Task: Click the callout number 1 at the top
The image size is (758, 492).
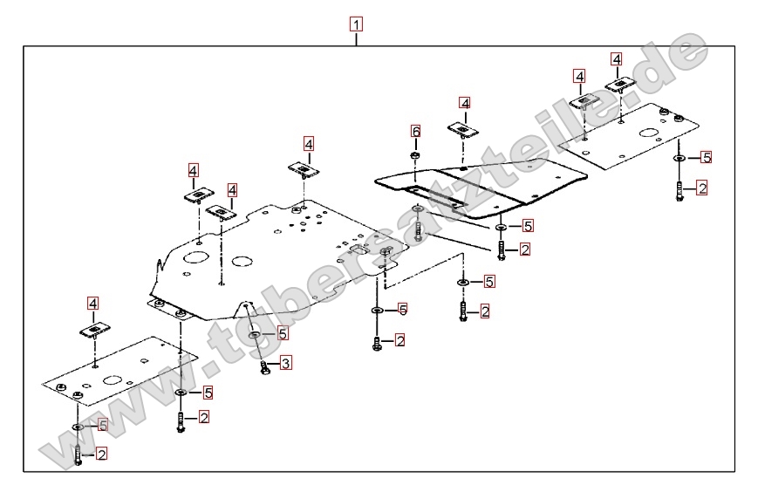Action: (356, 24)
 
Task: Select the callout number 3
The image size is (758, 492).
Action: (285, 362)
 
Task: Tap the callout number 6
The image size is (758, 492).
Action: (416, 131)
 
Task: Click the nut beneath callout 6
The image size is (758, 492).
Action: (416, 156)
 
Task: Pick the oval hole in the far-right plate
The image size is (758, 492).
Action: (648, 134)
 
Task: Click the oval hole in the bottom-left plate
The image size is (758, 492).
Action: (112, 380)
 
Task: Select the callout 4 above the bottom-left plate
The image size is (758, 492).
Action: (93, 303)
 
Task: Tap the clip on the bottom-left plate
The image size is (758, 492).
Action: (94, 330)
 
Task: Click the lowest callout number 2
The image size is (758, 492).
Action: (101, 454)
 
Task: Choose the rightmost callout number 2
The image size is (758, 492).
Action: (701, 188)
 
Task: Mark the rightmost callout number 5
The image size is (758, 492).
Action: (707, 158)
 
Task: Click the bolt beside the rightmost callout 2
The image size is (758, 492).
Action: (679, 191)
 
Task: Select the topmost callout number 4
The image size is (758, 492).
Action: (617, 59)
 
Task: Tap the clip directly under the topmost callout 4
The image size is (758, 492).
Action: (621, 85)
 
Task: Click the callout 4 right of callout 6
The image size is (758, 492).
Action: (465, 104)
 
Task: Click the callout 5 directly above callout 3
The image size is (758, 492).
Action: (283, 333)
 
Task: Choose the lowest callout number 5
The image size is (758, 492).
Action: (101, 425)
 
